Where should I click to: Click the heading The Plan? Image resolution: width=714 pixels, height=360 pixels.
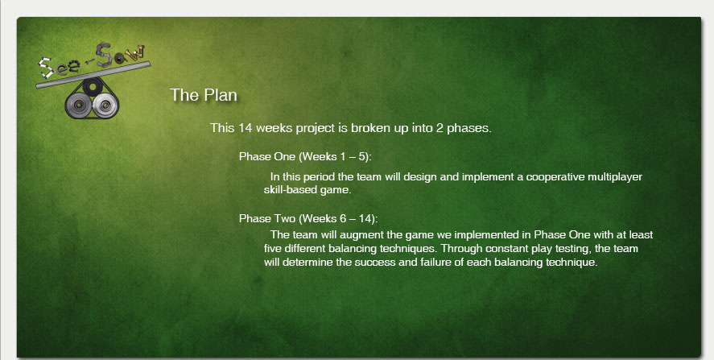click(x=204, y=95)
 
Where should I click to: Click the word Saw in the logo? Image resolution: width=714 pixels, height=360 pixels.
click(x=121, y=54)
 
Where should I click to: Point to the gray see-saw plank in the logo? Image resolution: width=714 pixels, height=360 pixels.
click(x=93, y=75)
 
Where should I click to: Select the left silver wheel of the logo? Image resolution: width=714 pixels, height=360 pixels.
click(x=78, y=105)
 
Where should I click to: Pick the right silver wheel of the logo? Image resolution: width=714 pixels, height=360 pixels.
click(x=105, y=106)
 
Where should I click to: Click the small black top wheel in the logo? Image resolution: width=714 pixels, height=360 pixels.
click(x=93, y=85)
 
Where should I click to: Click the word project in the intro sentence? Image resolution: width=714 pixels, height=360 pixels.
click(x=315, y=129)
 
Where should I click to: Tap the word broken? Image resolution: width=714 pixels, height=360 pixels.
click(x=369, y=128)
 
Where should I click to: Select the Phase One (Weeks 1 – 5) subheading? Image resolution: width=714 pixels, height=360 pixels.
click(x=305, y=157)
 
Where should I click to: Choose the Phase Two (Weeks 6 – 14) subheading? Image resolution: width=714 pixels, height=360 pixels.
click(x=308, y=219)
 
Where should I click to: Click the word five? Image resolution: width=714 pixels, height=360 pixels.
click(x=273, y=249)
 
